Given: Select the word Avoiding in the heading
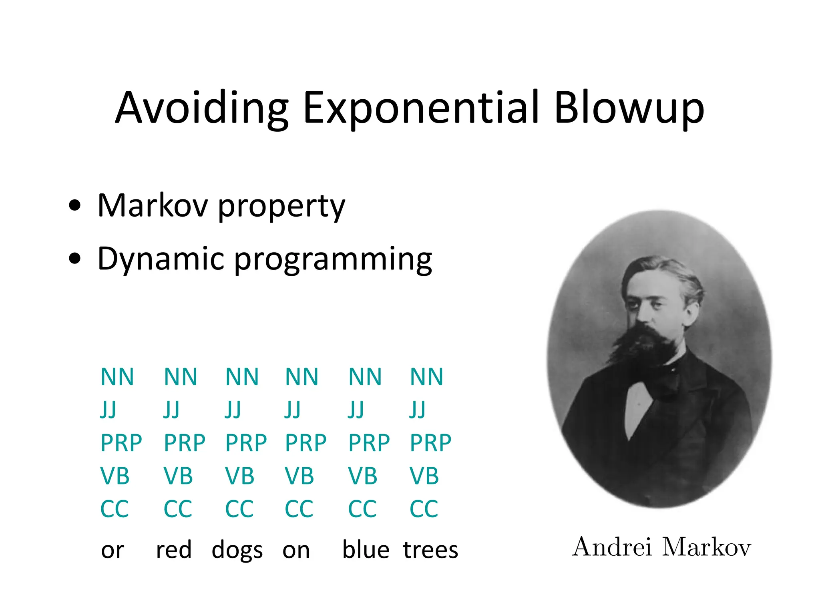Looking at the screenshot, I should pyautogui.click(x=201, y=108).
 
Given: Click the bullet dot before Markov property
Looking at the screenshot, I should pyautogui.click(x=74, y=206).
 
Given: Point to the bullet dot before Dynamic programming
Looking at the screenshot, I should pyautogui.click(x=74, y=259).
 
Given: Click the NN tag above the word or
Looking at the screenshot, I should pyautogui.click(x=117, y=377).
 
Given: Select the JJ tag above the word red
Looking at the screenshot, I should pyautogui.click(x=171, y=410).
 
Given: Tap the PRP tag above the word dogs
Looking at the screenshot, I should pyautogui.click(x=246, y=443).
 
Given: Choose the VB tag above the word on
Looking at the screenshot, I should pyautogui.click(x=299, y=476).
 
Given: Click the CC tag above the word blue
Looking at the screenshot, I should pyautogui.click(x=362, y=509).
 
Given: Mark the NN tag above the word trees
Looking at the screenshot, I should pyautogui.click(x=426, y=377).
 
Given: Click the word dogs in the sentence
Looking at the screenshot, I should pyautogui.click(x=237, y=550).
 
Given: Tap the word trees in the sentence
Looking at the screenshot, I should pyautogui.click(x=430, y=550).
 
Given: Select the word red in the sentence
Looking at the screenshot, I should pyautogui.click(x=174, y=550).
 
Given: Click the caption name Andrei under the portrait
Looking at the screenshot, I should pyautogui.click(x=612, y=547).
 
